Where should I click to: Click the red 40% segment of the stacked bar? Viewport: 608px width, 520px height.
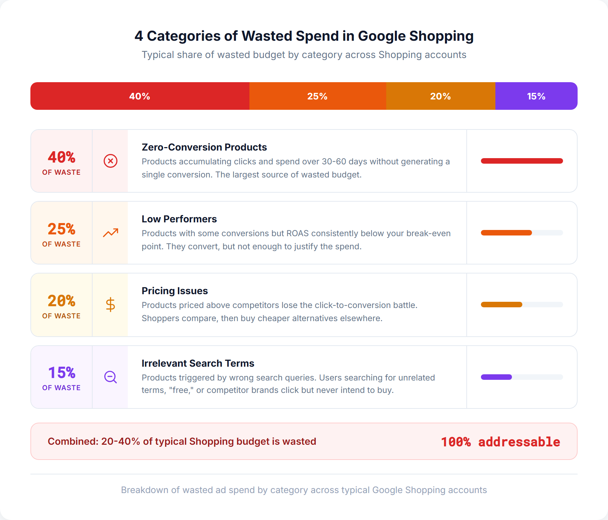pos(140,96)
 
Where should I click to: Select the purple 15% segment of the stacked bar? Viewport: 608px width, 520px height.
pos(536,96)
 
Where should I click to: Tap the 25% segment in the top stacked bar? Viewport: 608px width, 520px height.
pos(317,96)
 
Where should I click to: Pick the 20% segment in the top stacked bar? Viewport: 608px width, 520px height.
pos(440,96)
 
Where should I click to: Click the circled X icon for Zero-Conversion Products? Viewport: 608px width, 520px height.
pos(111,161)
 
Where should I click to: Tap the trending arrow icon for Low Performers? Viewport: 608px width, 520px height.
pos(111,233)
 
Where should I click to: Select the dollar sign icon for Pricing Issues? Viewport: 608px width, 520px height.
pos(111,305)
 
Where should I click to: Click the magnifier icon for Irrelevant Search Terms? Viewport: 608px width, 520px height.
pos(111,377)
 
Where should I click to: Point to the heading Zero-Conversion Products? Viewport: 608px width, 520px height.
pos(204,147)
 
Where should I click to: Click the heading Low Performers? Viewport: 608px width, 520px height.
pos(179,219)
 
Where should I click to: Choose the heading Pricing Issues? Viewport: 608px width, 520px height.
pos(174,291)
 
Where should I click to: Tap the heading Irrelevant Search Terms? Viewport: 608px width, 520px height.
pos(198,363)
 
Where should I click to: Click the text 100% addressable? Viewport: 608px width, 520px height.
pos(500,442)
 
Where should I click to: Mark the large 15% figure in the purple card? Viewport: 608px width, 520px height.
pos(61,373)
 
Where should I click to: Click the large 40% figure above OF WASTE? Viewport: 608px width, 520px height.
pos(61,157)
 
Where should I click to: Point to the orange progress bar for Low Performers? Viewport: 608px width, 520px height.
pos(506,233)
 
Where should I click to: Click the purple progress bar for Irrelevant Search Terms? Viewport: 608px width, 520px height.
pos(496,377)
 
